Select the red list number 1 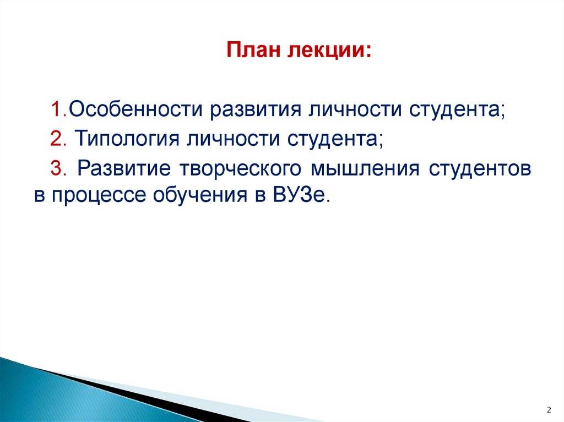pos(58,109)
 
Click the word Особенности pos(135,109)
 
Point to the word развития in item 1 pos(256,110)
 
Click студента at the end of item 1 pos(457,109)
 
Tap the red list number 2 pos(58,139)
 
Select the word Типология pos(127,139)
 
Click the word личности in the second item pos(233,139)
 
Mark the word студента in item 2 pos(335,139)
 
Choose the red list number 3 pos(58,168)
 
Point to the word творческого pos(240,168)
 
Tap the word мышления pos(365,168)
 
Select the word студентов pos(480,168)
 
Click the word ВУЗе pos(301,195)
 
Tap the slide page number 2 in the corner pos(549,410)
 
